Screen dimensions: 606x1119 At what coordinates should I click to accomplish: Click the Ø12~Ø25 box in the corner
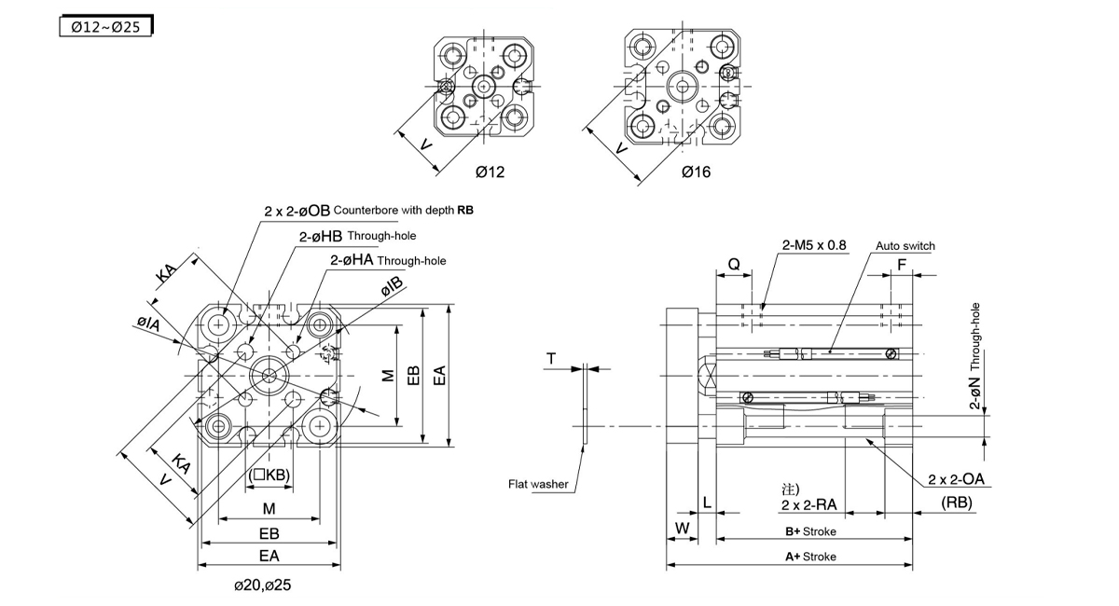tap(105, 27)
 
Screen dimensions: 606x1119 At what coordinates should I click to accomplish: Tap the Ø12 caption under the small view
tap(490, 172)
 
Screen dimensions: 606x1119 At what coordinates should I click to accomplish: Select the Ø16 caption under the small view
tap(696, 172)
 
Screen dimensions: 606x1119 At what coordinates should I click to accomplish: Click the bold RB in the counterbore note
tap(464, 211)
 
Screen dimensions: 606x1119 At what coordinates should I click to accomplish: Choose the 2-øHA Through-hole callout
tap(388, 260)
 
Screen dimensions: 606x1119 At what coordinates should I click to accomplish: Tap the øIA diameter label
tap(146, 325)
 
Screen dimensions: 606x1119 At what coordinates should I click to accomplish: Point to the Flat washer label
tap(538, 484)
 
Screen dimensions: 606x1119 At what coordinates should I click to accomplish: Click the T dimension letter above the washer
tap(550, 359)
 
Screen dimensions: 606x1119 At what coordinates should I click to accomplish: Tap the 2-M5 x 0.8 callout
tap(814, 246)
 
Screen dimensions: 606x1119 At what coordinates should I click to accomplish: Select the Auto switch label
tap(905, 246)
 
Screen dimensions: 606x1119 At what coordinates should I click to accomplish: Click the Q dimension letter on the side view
tap(734, 264)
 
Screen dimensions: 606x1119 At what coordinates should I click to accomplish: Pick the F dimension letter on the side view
tap(901, 264)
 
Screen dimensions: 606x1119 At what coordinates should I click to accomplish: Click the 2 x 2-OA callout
tap(959, 480)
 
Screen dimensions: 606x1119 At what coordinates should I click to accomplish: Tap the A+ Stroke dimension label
tap(809, 557)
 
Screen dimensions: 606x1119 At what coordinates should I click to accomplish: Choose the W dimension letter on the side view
tap(682, 528)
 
